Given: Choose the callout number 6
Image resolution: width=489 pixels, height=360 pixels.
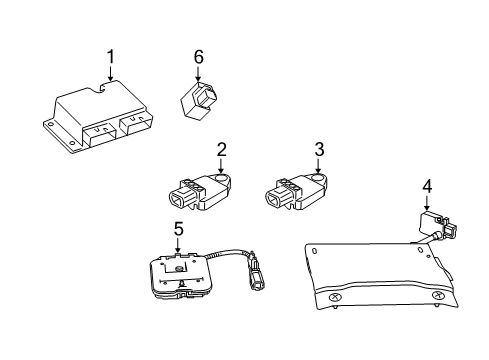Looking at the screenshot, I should [198, 58].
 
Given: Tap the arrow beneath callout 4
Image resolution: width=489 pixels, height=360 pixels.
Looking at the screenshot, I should [427, 203].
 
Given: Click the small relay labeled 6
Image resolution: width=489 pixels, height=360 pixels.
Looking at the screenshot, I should [200, 97].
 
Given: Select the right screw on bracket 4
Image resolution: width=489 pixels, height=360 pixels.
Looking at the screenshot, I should [437, 298].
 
